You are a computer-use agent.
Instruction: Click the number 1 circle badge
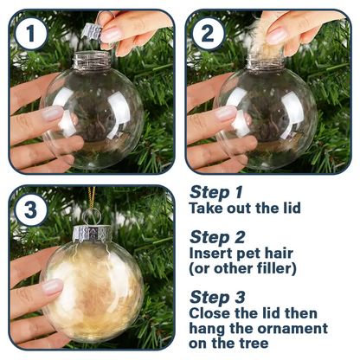[x=31, y=35]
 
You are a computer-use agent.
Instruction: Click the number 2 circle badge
[x=209, y=35]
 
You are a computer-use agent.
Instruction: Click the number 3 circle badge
[x=31, y=210]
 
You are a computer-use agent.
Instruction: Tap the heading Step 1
[x=215, y=192]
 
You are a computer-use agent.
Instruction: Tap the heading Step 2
[x=215, y=236]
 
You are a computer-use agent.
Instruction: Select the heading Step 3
[x=215, y=296]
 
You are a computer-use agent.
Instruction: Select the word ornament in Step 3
[x=290, y=328]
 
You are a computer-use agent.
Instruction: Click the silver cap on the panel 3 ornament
[x=91, y=235]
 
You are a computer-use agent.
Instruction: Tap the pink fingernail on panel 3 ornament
[x=52, y=286]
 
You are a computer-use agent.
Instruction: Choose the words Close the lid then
[x=253, y=312]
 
